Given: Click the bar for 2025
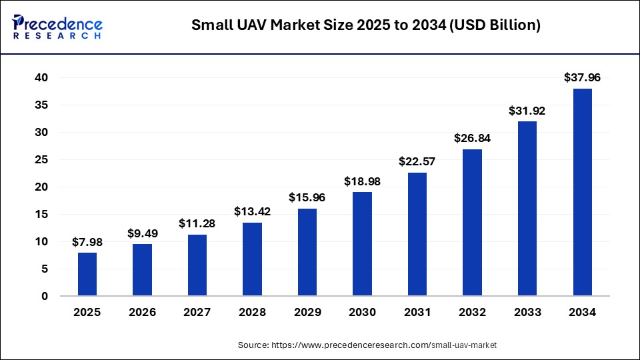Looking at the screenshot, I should (87, 274).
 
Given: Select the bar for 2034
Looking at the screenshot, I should (582, 192).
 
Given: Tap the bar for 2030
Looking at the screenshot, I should (362, 244).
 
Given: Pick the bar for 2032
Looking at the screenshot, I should (472, 223).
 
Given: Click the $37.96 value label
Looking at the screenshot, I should (582, 77).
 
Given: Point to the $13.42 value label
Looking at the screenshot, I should (252, 211).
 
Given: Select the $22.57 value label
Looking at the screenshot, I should (417, 161).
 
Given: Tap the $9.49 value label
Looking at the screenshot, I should (142, 233).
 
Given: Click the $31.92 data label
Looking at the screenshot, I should (527, 110).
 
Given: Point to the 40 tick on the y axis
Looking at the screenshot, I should (42, 78).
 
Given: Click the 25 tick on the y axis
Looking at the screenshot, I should (42, 160).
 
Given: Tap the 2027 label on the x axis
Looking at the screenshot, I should (197, 312).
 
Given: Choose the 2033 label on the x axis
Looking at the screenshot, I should (527, 312).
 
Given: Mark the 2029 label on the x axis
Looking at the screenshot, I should (307, 312).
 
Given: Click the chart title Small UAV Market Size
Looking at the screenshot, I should (365, 25).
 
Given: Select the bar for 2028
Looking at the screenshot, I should (252, 259).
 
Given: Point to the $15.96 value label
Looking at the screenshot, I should (307, 197).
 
